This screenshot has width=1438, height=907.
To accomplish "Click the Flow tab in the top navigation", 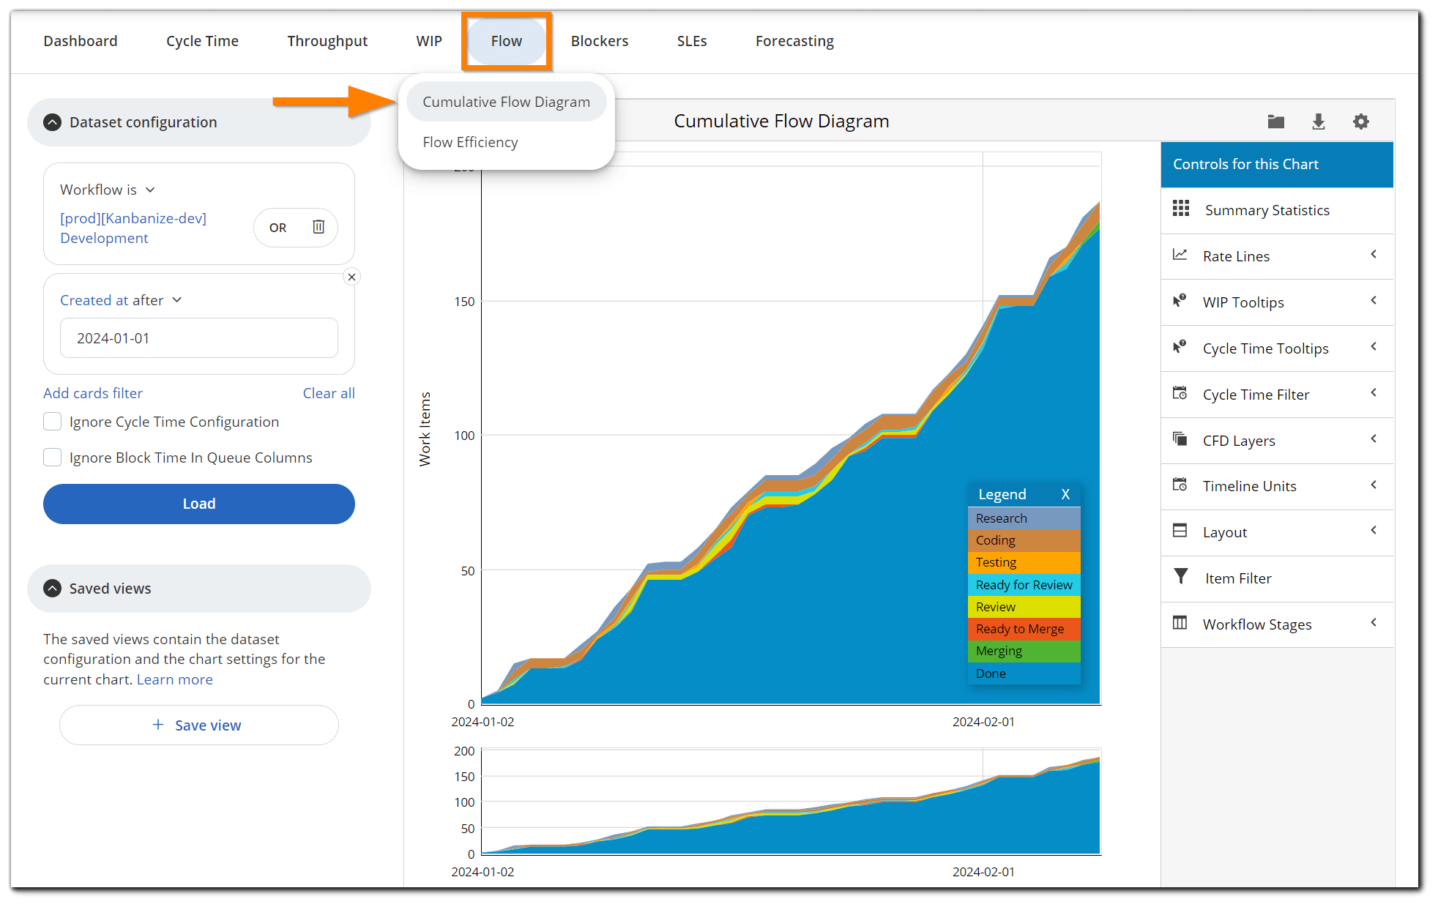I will click(x=507, y=41).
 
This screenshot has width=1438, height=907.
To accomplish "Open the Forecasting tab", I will click(x=794, y=41).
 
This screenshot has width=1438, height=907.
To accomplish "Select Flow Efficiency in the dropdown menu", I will click(x=470, y=142).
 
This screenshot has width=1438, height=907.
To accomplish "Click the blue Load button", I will click(x=199, y=504).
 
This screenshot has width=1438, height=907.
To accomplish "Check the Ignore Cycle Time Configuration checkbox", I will click(x=53, y=422).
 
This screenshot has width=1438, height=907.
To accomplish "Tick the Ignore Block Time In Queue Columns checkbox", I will click(x=53, y=458).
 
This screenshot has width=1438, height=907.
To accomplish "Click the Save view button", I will click(x=199, y=725).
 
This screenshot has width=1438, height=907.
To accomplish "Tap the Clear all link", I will click(x=329, y=393).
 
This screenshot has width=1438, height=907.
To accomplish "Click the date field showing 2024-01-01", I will click(x=199, y=338).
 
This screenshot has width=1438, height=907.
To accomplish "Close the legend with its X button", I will click(x=1065, y=494).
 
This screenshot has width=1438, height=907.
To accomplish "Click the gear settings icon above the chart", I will click(x=1360, y=122).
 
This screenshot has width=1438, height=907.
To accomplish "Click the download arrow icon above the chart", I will click(x=1318, y=122).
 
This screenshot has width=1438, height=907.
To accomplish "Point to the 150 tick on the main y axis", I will click(x=464, y=302).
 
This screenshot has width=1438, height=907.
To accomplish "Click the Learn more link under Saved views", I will click(x=174, y=679).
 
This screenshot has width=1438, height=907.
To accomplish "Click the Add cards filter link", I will click(x=93, y=393).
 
